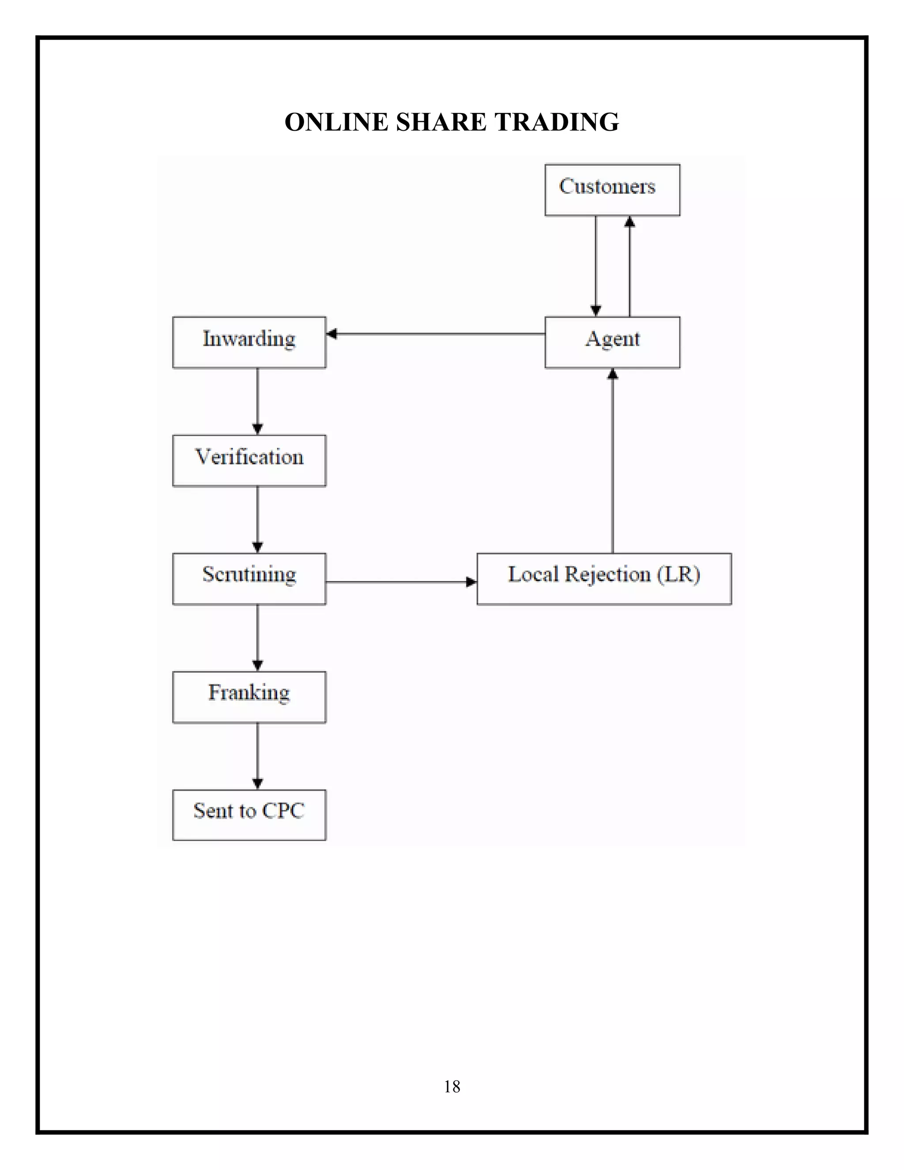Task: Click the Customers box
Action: click(612, 190)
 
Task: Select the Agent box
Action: click(612, 342)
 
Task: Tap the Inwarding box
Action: click(249, 342)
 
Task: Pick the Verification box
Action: click(249, 460)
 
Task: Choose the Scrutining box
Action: click(249, 578)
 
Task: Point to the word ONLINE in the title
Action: click(336, 122)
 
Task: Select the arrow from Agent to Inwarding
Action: click(435, 334)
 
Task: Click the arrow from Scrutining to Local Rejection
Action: click(401, 582)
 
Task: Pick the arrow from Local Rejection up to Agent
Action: click(612, 460)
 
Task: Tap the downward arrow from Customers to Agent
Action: click(595, 266)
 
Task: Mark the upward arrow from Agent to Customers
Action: click(629, 266)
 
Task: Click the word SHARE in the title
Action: click(441, 122)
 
